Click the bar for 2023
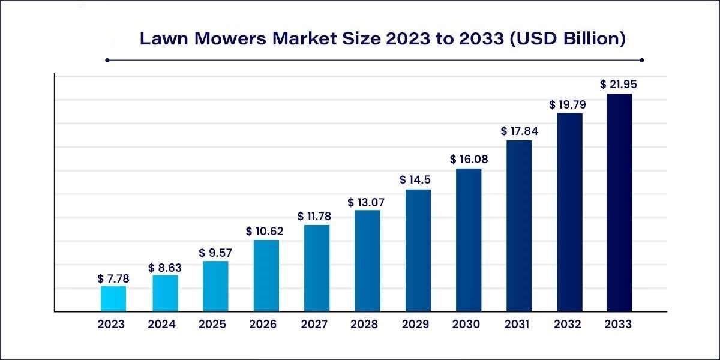tap(113, 299)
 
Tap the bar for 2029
tap(418, 251)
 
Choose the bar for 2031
tap(519, 226)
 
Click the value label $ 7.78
tap(113, 279)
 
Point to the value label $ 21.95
tap(618, 85)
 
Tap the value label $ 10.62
tap(265, 231)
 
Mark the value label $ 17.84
tap(519, 131)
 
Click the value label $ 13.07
tap(366, 202)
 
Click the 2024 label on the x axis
tap(162, 325)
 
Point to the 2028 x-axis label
tap(365, 325)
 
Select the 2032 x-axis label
tap(568, 325)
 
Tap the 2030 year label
tap(466, 325)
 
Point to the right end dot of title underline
tap(641, 60)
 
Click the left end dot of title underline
tap(107, 60)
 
